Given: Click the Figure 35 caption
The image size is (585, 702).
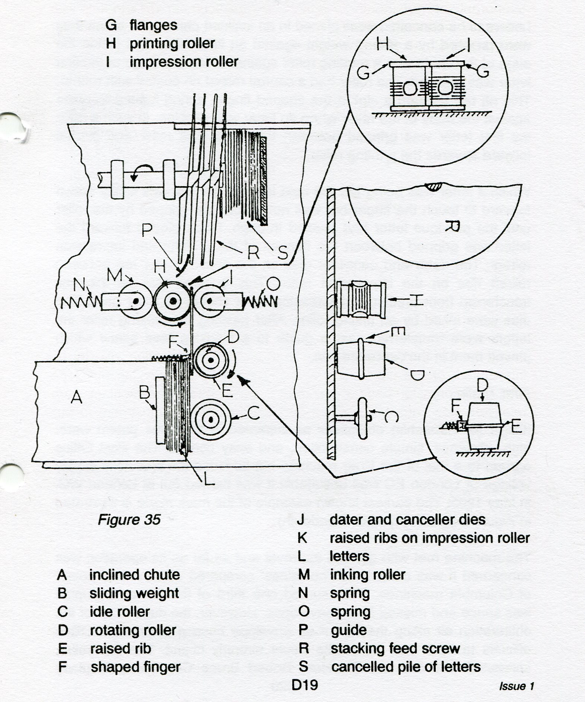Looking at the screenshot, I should [129, 520].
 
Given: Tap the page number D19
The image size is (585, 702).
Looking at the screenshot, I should [305, 684].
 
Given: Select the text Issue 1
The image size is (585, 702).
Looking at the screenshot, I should [516, 686].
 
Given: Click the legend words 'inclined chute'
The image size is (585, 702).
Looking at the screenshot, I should [134, 575].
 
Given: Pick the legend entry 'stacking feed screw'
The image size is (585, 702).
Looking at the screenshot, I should [395, 648].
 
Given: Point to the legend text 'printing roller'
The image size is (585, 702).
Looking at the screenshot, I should [172, 44].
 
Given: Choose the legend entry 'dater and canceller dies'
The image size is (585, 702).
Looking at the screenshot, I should [407, 520].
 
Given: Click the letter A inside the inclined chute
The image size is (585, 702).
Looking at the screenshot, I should [76, 398].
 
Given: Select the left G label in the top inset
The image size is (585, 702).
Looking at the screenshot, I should [363, 73].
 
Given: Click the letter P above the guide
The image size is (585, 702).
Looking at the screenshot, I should [147, 231].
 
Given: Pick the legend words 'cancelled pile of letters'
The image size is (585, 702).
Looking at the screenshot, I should [406, 667].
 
